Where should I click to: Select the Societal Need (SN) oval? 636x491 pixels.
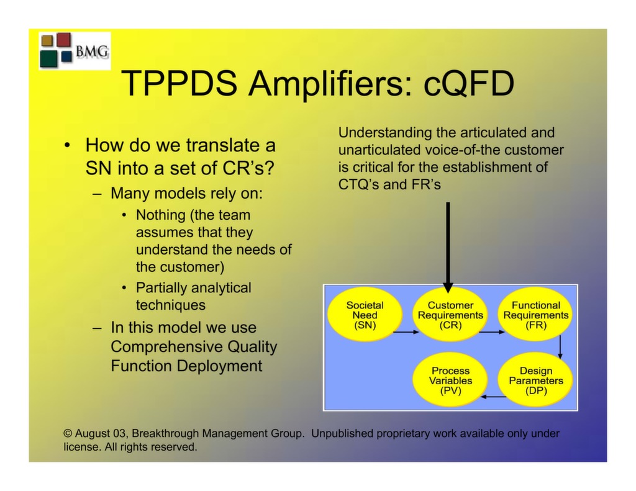click(365, 315)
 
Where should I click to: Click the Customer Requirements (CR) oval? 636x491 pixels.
click(450, 315)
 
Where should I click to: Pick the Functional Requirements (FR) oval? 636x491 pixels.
click(535, 315)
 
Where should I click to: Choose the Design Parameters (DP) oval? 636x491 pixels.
click(535, 381)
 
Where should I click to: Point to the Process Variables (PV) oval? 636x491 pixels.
click(450, 381)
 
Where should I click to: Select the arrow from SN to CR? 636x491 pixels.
click(406, 332)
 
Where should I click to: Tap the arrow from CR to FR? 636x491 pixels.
click(492, 332)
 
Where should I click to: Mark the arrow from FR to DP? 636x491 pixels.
click(560, 346)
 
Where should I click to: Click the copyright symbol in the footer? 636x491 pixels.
click(68, 434)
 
